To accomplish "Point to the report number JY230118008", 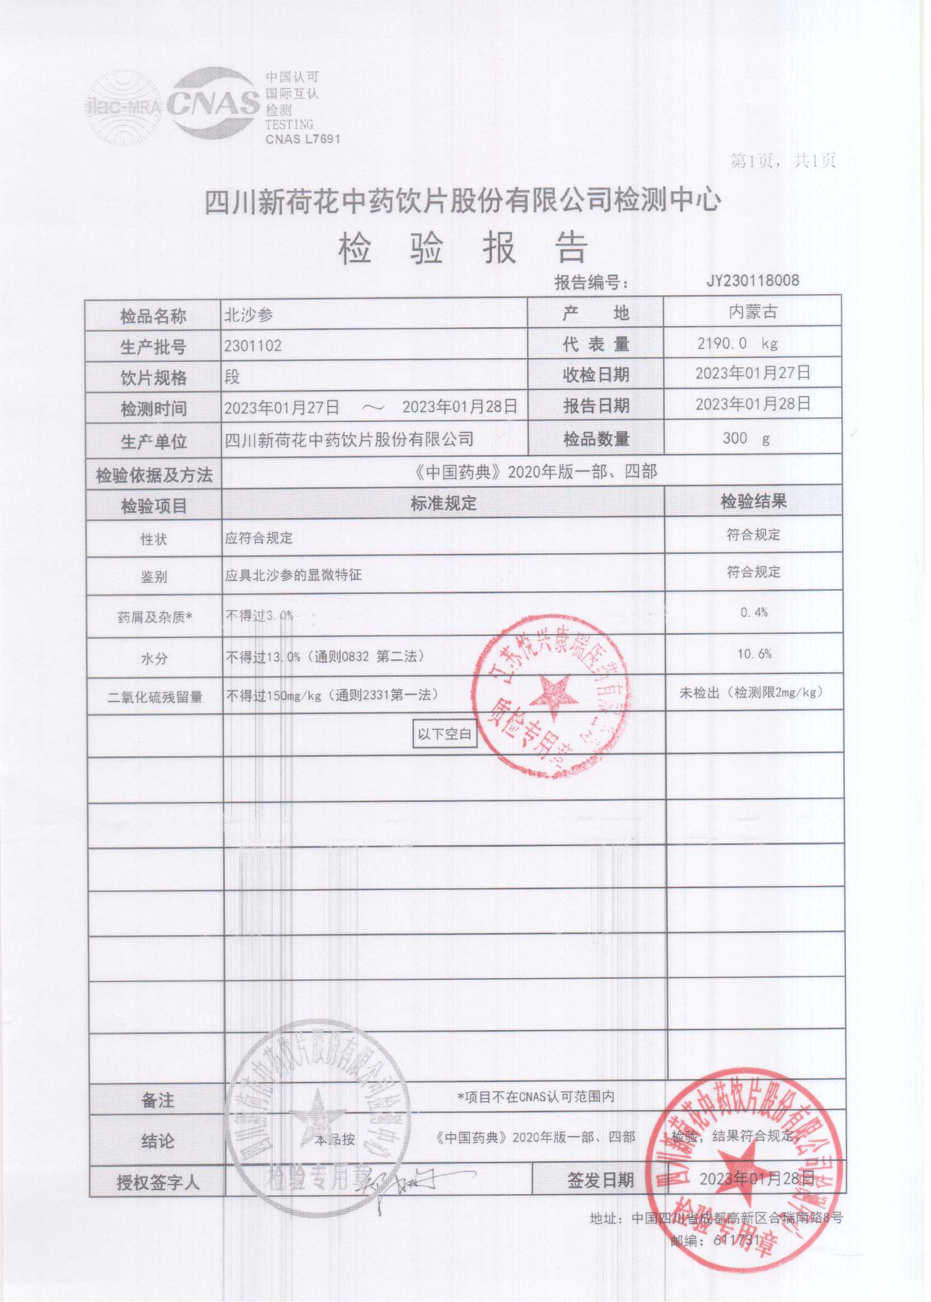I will (x=752, y=280).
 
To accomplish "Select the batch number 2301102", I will (x=253, y=346).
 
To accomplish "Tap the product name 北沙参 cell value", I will (x=248, y=315).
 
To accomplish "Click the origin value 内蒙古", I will (x=753, y=312).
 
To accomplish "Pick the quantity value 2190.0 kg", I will (x=737, y=343).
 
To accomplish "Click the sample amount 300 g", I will (x=746, y=438).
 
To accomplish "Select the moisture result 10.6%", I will (x=754, y=654).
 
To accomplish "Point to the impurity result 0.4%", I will (x=753, y=612).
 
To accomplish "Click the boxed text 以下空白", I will (x=444, y=734).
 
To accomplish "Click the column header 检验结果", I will (x=753, y=502).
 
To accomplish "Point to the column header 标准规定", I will (x=443, y=504).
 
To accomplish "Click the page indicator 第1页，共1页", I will (x=782, y=161).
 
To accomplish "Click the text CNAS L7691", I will (x=303, y=139).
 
